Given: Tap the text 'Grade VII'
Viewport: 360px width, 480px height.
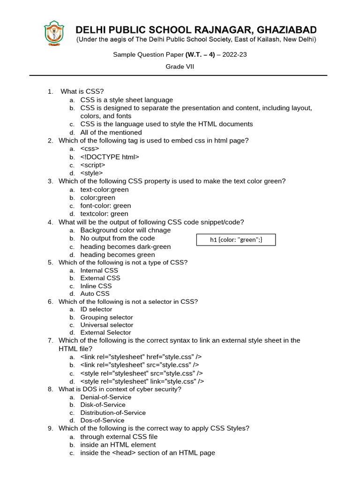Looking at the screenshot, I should pos(180,67).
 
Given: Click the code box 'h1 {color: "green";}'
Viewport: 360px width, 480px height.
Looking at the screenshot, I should pos(236,240).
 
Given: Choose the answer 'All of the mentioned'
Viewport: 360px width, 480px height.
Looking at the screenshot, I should pos(111,132).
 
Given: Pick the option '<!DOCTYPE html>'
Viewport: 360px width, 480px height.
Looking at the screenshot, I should pos(110,157).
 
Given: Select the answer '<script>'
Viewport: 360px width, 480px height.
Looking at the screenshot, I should pos(93,165).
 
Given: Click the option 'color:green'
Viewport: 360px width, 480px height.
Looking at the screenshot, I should pos(97,197).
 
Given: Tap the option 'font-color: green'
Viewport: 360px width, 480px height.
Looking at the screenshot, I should pos(105,206).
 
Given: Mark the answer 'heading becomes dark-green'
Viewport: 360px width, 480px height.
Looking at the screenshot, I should pos(125,247).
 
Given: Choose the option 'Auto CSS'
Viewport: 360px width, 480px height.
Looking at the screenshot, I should pos(95,294).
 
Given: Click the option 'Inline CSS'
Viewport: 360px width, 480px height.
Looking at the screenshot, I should pos(96,286).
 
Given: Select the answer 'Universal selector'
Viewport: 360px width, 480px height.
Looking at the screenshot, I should pos(106,325).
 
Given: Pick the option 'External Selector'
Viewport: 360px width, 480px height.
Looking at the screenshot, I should pos(105,333).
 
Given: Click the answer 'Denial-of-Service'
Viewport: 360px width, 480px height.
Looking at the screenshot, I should pos(105,397).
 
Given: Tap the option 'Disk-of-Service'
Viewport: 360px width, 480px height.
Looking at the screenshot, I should pos(103,405).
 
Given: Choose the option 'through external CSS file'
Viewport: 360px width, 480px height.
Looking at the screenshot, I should pos(119,436).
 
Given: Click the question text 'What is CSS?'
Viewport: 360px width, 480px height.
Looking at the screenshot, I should pos(82,91).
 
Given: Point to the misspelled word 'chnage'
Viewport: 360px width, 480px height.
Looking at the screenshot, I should pos(160,230).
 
